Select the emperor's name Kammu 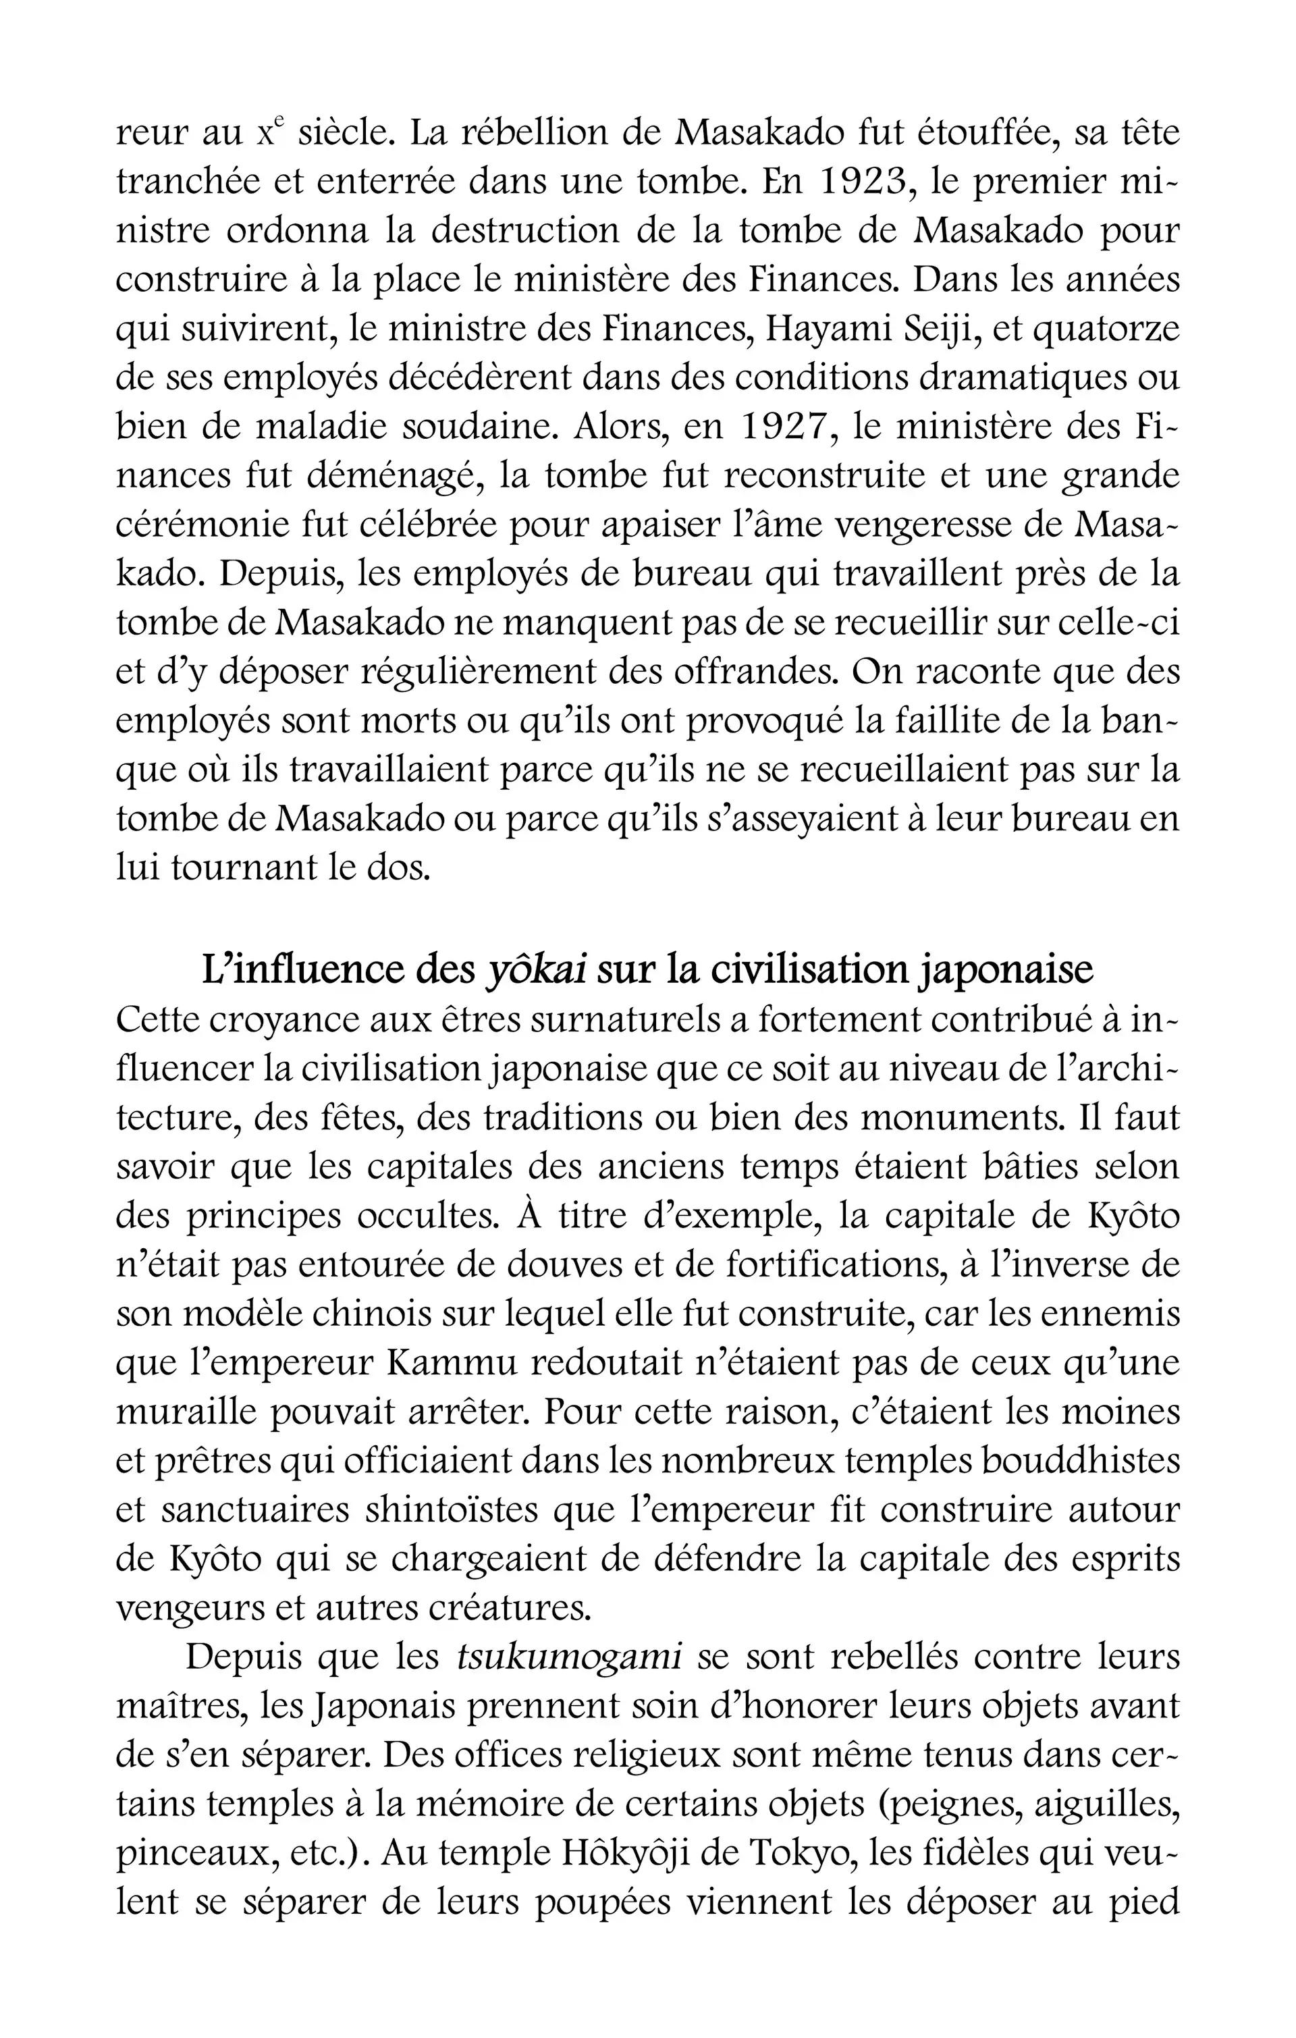point(458,1363)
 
